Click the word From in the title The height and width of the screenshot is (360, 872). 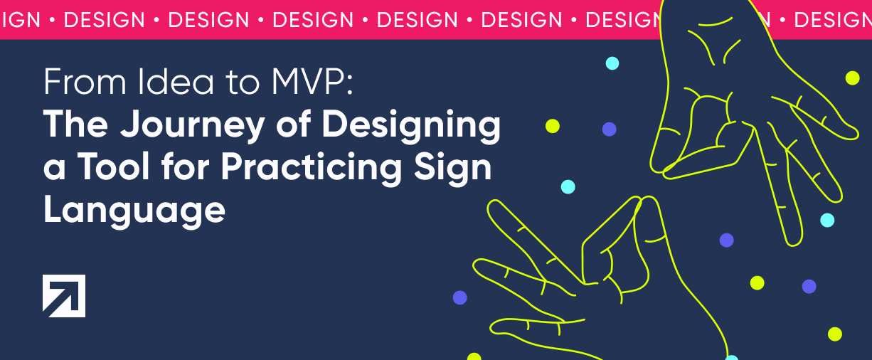[x=85, y=82]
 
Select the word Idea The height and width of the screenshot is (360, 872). [x=176, y=82]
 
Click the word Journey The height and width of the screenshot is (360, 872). [x=192, y=126]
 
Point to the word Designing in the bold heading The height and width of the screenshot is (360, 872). [x=412, y=126]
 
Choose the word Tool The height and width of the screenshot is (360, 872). [x=114, y=167]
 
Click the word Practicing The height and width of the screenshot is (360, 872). [x=312, y=168]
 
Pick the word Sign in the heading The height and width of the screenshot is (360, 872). [x=452, y=168]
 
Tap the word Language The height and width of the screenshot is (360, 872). [x=134, y=210]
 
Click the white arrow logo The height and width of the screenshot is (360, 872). [x=64, y=296]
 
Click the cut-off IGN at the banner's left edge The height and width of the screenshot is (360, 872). [x=19, y=20]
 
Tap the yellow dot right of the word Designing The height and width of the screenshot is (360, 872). [x=553, y=126]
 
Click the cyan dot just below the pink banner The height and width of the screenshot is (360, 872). [x=612, y=63]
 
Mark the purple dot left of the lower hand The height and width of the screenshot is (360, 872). [x=459, y=297]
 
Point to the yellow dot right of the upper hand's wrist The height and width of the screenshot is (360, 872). [x=853, y=78]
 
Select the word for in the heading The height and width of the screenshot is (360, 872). [x=186, y=166]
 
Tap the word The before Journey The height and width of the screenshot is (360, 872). [x=75, y=124]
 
